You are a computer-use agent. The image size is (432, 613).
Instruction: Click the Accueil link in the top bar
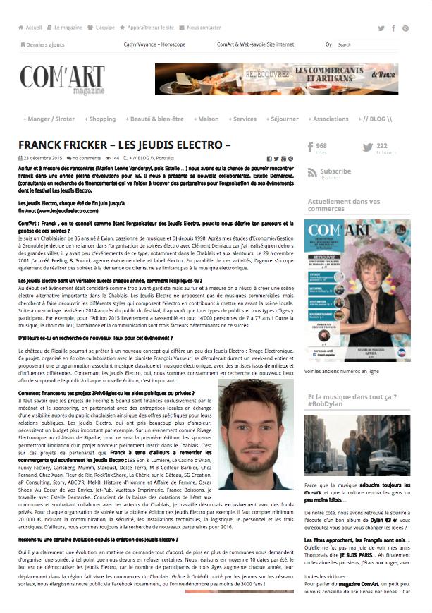[x=33, y=28]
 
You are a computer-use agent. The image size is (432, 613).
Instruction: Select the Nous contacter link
[x=203, y=28]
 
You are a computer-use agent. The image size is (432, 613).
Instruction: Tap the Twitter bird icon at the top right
[x=381, y=29]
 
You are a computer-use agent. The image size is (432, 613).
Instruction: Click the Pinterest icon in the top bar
[x=405, y=29]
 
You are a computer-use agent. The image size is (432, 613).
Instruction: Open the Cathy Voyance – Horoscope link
[x=154, y=44]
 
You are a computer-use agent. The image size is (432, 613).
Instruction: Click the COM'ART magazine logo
[x=62, y=79]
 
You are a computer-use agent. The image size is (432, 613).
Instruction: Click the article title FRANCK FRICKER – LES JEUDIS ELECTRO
[x=125, y=145]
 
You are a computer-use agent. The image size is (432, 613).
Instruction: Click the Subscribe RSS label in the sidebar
[x=335, y=171]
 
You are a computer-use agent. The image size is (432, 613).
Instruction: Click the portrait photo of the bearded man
[x=256, y=435]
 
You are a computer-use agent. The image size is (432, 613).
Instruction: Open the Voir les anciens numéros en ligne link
[x=342, y=370]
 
